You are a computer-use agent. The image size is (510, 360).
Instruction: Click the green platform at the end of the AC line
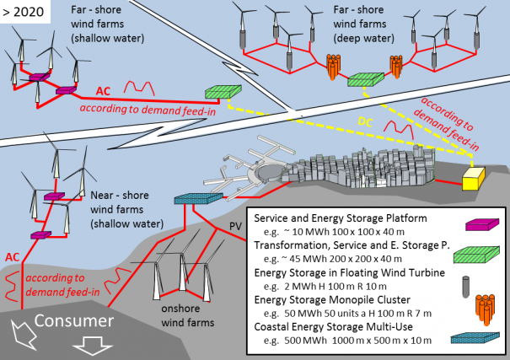tap(221, 92)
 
